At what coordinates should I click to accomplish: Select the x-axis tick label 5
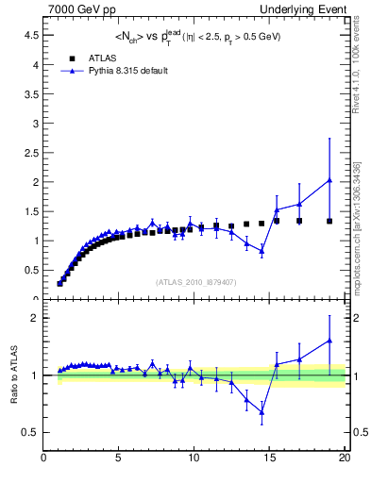pos(119,459)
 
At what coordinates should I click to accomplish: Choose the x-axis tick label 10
pos(194,459)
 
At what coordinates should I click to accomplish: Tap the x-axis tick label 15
pos(269,459)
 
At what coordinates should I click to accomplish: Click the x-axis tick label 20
pos(344,459)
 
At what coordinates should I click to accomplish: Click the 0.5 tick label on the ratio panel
pos(29,432)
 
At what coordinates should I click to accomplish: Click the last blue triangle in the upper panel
pos(329,180)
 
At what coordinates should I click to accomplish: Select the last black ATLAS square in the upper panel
pos(329,221)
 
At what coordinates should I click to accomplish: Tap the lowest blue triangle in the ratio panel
pos(261,412)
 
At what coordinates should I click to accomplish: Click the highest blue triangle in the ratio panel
pos(329,341)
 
